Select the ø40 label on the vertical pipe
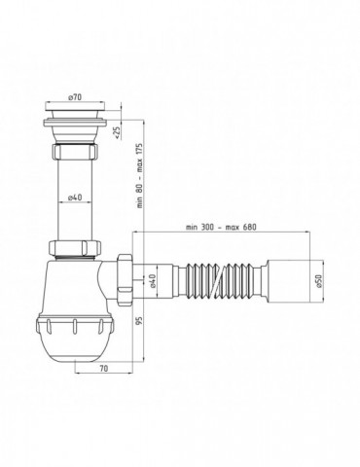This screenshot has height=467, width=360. pos(74,198)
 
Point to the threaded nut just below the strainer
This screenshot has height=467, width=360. pos(74,156)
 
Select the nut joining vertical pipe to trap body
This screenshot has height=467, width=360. pos(74,248)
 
